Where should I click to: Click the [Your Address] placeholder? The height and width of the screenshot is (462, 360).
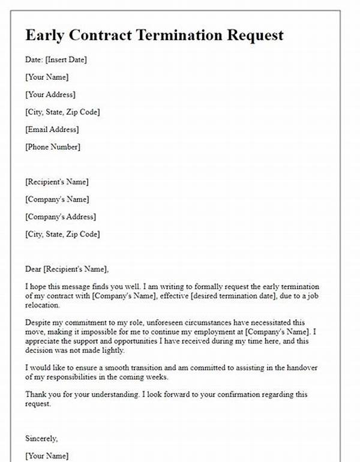click(50, 94)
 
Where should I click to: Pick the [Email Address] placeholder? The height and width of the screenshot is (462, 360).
click(52, 129)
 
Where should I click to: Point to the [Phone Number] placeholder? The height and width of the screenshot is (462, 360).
click(53, 146)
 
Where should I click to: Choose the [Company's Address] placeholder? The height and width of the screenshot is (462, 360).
click(61, 217)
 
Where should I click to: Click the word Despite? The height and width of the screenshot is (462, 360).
click(38, 325)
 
